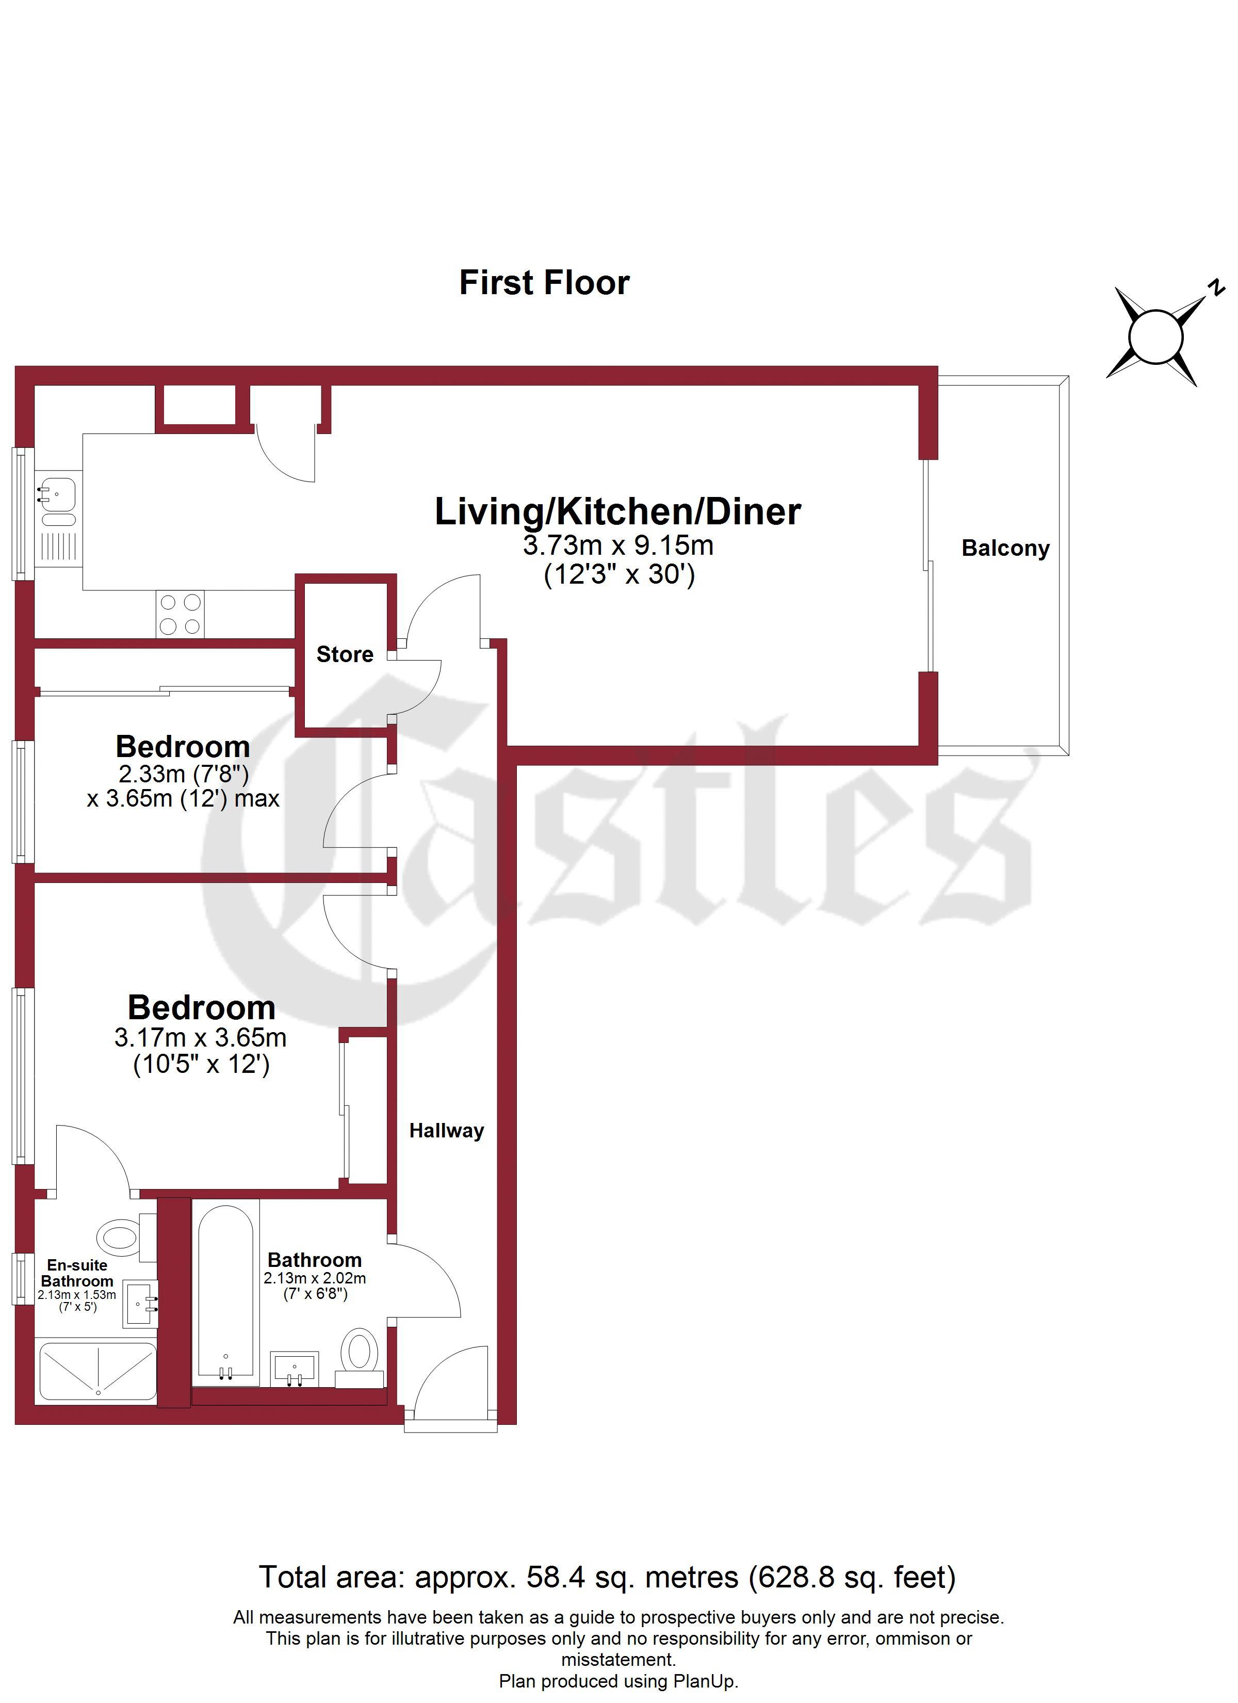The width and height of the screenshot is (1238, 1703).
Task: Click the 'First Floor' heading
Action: (544, 283)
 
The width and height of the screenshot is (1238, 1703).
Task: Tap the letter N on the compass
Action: (1216, 287)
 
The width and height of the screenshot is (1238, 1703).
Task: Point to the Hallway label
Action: (447, 1131)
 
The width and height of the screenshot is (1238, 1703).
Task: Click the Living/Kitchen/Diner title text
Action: (618, 511)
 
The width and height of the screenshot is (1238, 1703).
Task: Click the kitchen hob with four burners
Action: (180, 614)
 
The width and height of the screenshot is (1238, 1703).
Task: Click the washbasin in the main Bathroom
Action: (295, 1368)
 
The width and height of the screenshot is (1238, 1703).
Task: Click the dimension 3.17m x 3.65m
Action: (201, 1038)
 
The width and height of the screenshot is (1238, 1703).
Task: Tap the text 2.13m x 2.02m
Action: (315, 1278)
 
